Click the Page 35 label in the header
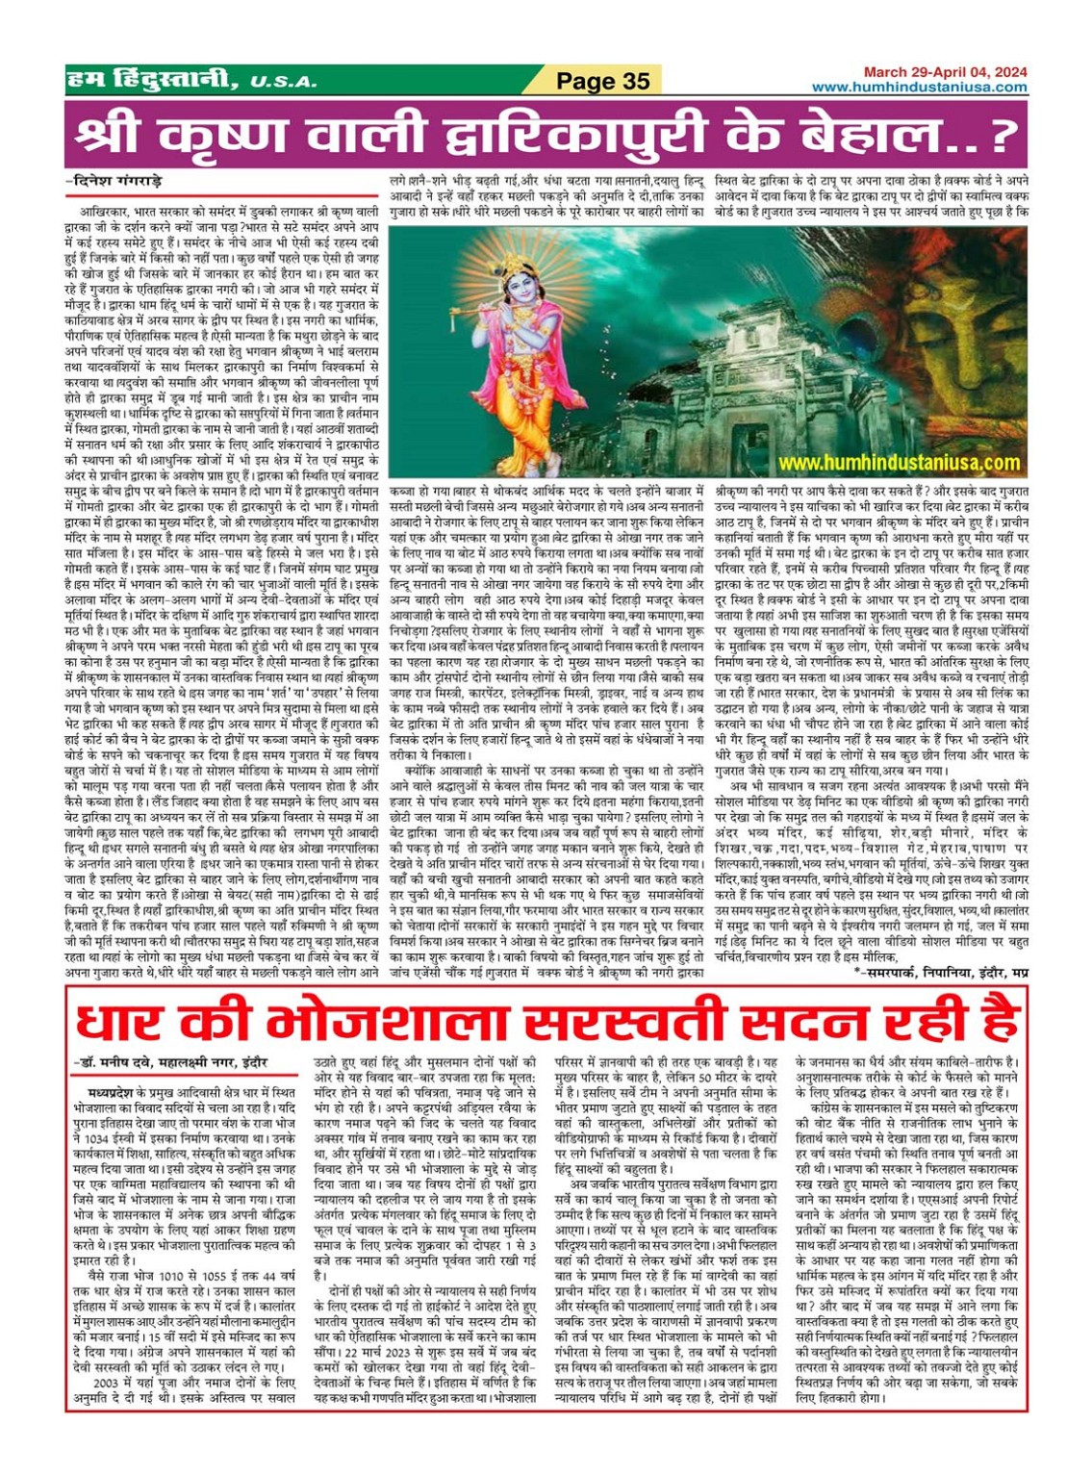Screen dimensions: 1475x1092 (602, 81)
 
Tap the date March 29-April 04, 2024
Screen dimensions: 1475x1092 (944, 72)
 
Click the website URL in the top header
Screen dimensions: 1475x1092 (919, 87)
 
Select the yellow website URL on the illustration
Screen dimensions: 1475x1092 (900, 463)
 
